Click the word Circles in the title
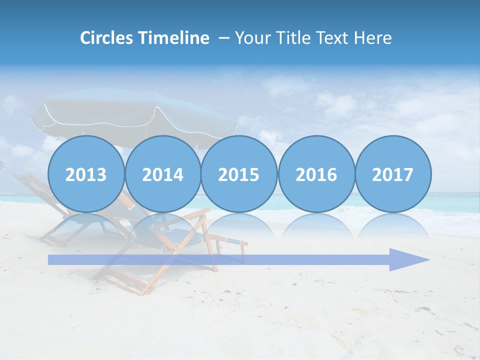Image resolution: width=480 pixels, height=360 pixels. (107, 38)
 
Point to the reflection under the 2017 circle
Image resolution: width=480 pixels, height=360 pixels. (393, 225)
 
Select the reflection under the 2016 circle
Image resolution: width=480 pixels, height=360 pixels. (316, 225)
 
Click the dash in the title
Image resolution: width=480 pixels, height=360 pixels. (224, 38)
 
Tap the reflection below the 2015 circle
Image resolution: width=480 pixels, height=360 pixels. (239, 225)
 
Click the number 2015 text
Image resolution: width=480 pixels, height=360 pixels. (239, 175)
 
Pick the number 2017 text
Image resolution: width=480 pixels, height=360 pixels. (393, 175)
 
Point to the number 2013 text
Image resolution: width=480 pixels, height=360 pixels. (86, 175)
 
